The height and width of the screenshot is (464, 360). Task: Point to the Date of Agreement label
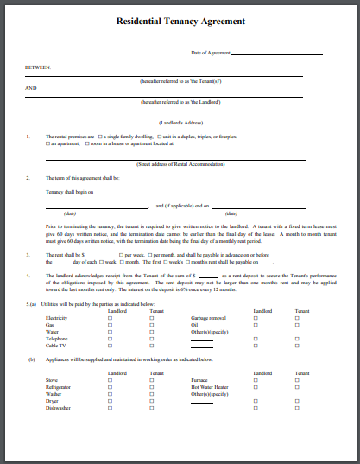click(211, 53)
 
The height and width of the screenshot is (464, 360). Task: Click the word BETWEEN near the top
click(38, 67)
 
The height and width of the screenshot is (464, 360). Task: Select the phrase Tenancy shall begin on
click(69, 191)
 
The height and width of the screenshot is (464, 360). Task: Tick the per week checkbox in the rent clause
click(123, 256)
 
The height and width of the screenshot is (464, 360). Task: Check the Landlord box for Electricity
click(110, 318)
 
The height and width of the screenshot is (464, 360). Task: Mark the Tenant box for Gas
click(151, 324)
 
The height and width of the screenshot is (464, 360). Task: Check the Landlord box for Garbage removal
click(256, 318)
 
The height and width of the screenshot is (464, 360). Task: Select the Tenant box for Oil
click(297, 324)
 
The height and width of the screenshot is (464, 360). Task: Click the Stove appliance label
click(52, 379)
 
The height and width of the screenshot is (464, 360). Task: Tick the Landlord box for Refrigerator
click(110, 385)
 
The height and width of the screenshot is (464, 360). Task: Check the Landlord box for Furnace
click(256, 379)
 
